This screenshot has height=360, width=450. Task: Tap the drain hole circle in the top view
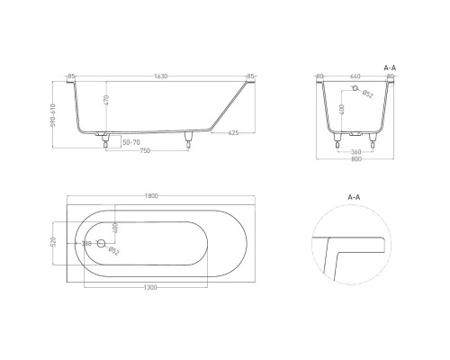[101, 243]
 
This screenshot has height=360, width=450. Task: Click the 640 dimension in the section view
[355, 76]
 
